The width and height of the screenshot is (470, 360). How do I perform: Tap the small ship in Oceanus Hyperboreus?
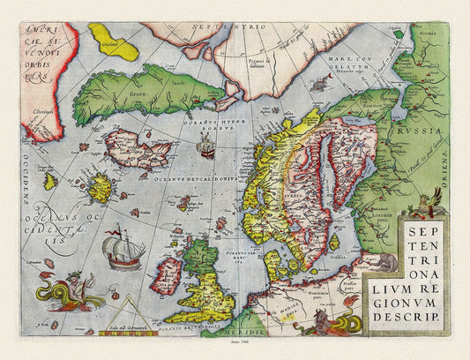point(205,151)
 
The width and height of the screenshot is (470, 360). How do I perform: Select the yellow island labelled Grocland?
point(114,42)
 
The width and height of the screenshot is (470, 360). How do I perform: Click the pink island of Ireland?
point(166,274)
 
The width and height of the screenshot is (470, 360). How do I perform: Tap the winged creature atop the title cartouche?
point(431,201)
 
